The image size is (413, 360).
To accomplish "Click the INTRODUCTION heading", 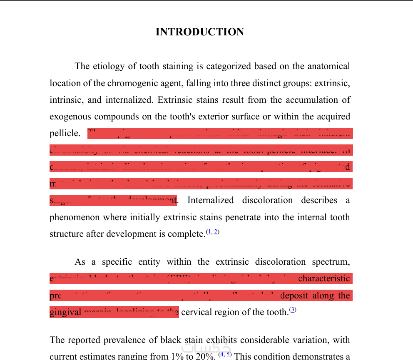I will click(199, 32).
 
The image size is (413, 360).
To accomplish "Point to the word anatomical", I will click(328, 66).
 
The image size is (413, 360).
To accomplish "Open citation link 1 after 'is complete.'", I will click(209, 231).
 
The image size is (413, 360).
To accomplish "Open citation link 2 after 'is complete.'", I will click(216, 231).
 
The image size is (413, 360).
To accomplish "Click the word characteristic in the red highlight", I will click(324, 278).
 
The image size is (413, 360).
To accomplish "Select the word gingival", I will click(65, 312).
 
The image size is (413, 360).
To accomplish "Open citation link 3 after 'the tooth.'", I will click(293, 310).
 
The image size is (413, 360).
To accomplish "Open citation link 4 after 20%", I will click(222, 354).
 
